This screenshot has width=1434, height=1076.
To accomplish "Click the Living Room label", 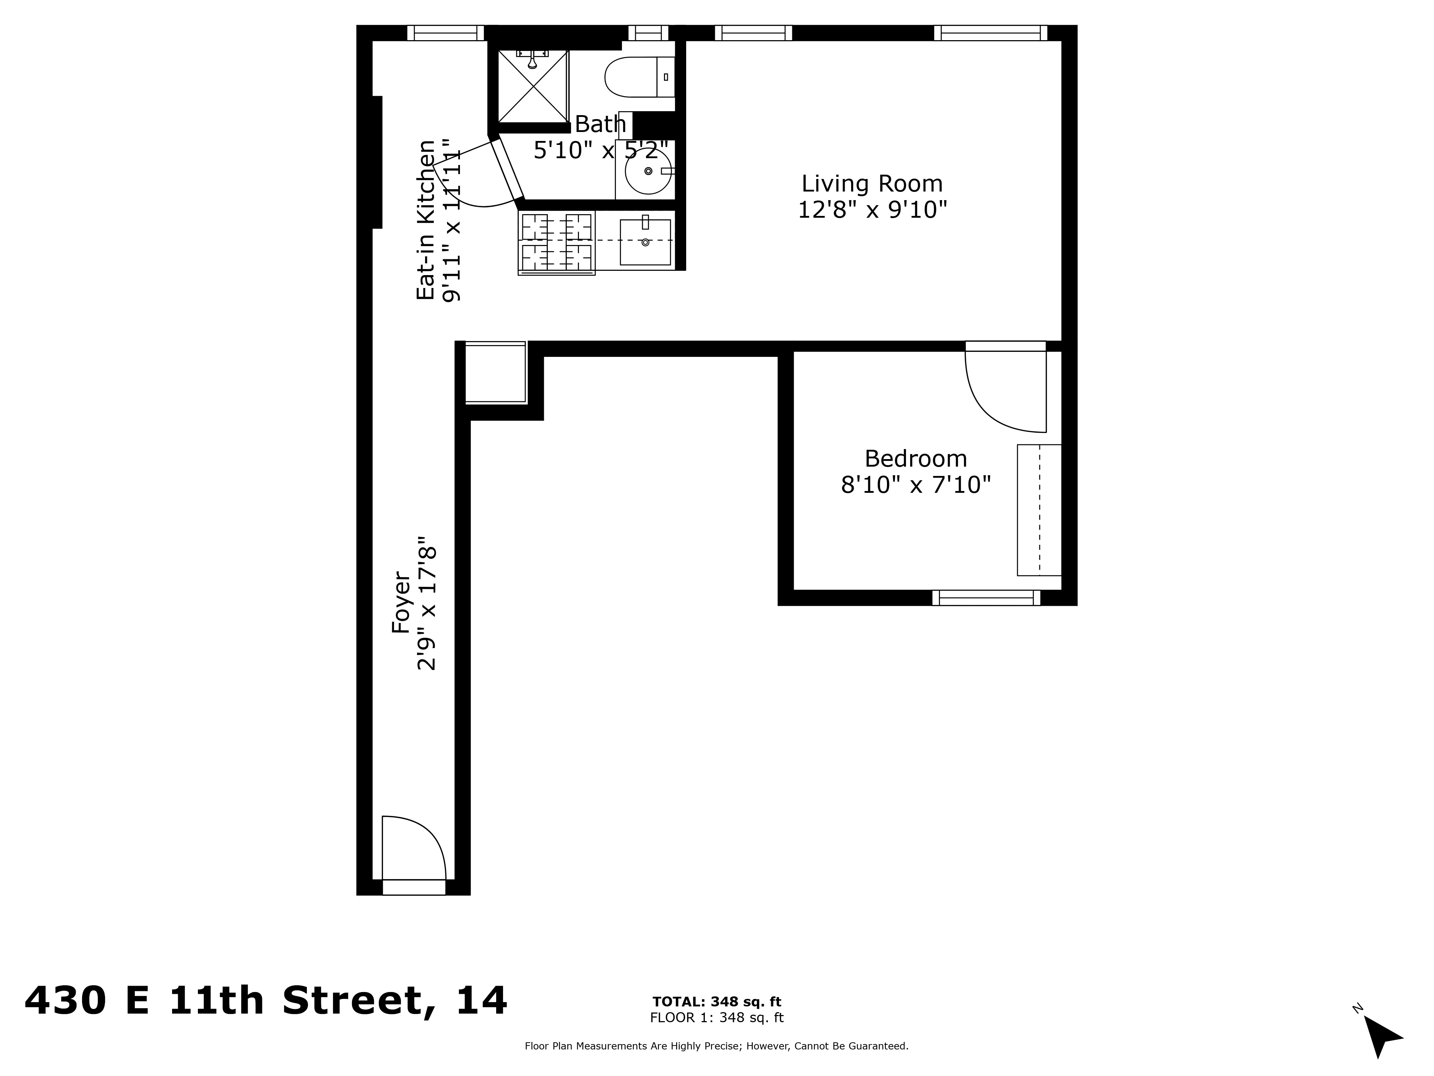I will (872, 184).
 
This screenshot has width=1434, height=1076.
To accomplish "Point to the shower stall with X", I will (533, 86).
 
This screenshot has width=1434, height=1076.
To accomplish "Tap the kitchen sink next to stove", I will (645, 242).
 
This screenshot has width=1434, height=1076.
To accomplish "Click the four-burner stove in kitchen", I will (557, 242).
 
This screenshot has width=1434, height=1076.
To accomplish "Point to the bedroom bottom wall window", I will (986, 597).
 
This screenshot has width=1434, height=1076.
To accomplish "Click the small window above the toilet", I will (648, 32).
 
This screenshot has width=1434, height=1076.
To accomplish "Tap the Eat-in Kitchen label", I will (425, 221).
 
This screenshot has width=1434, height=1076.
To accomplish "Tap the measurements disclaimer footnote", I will (716, 1046).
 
